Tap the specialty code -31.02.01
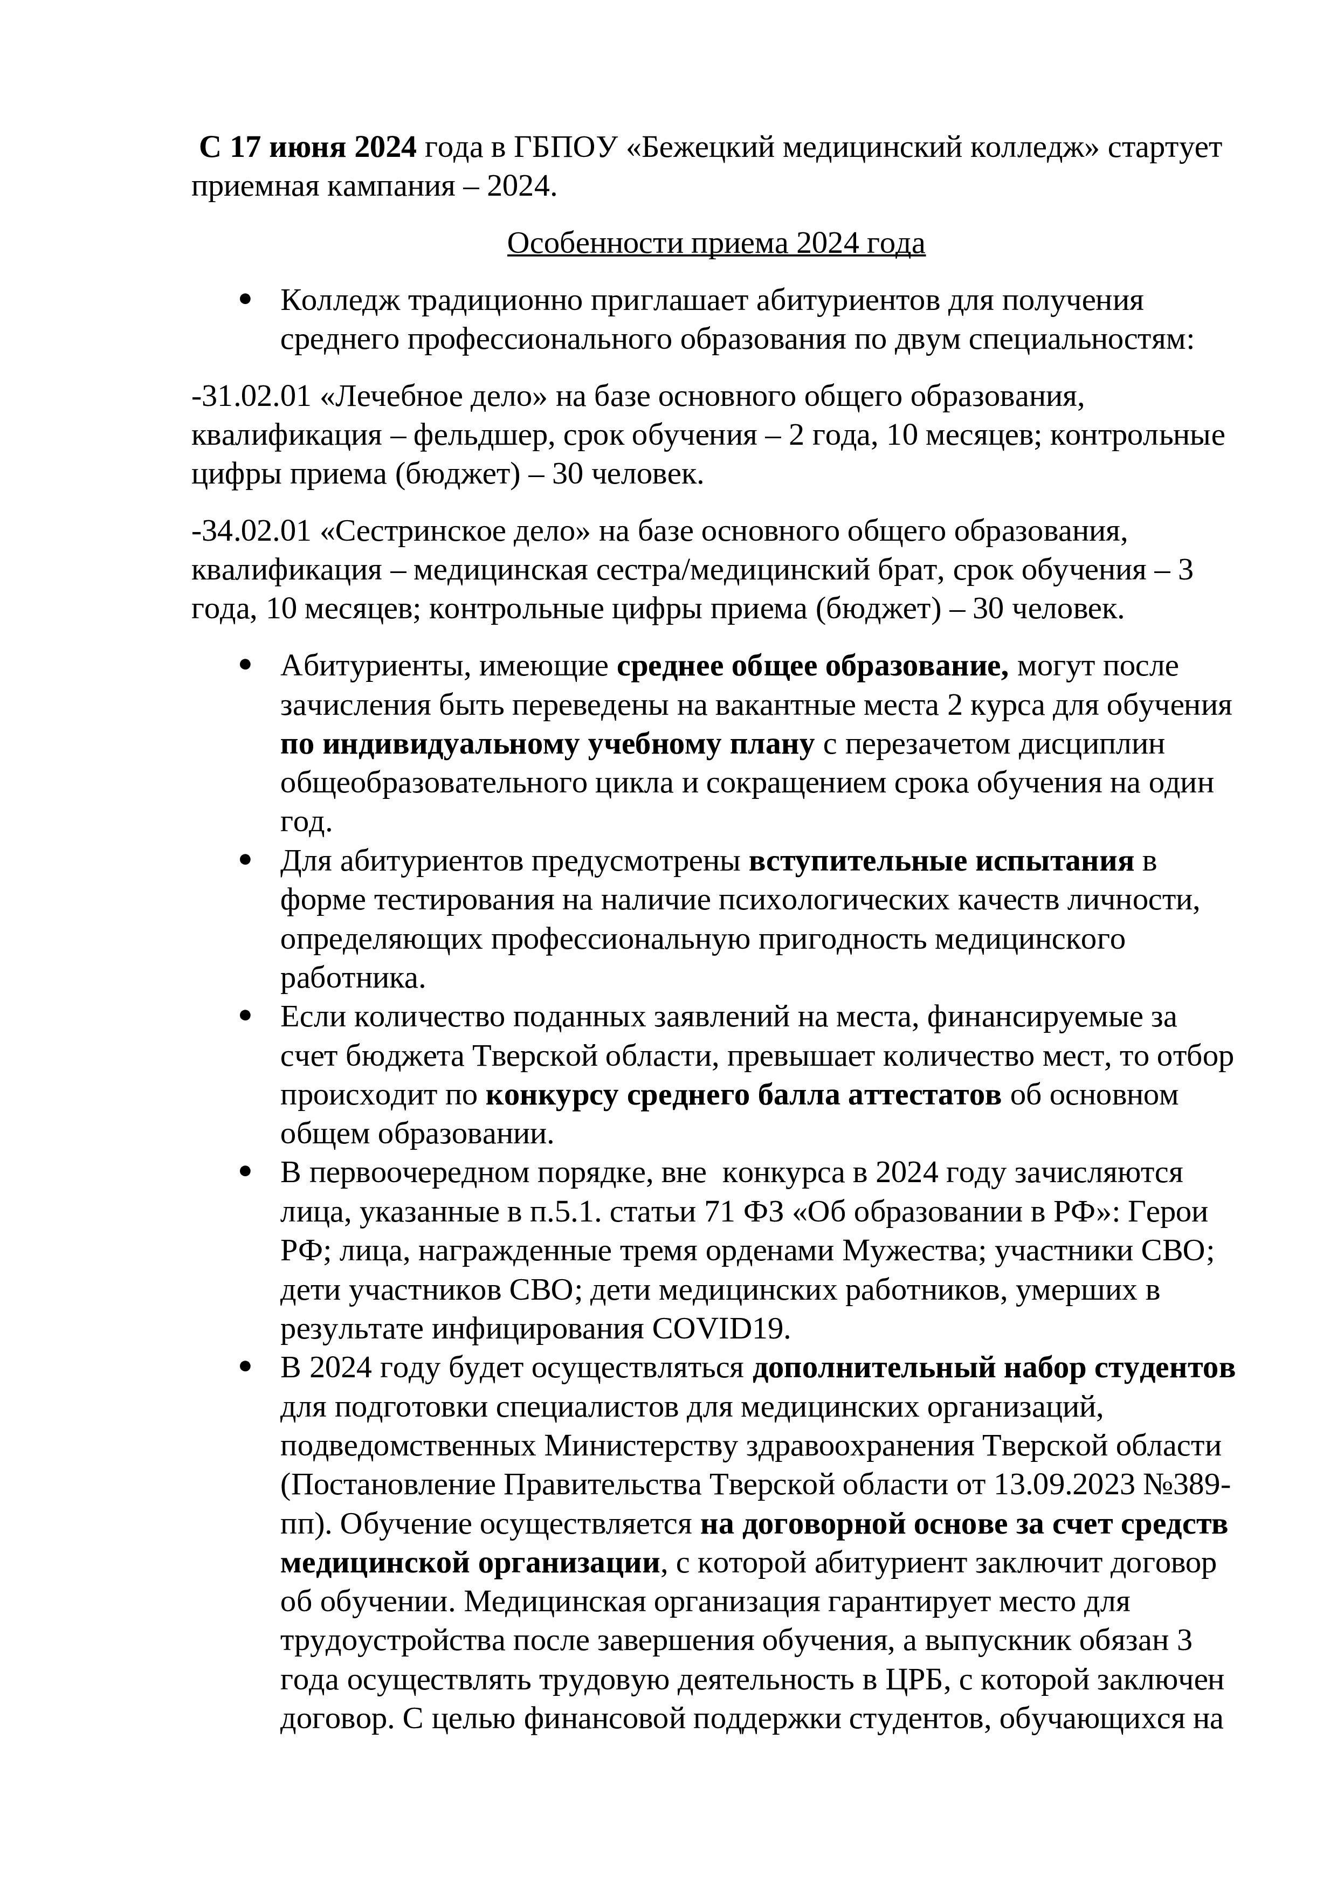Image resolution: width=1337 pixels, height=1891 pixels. [251, 397]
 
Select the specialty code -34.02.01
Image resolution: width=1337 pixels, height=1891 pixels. [251, 532]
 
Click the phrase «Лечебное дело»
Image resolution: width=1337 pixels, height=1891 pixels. [432, 397]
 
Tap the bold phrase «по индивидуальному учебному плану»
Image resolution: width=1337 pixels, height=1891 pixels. [547, 744]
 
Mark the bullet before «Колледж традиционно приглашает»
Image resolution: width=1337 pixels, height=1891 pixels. [245, 301]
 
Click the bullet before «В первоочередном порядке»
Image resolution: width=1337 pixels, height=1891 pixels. [245, 1172]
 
